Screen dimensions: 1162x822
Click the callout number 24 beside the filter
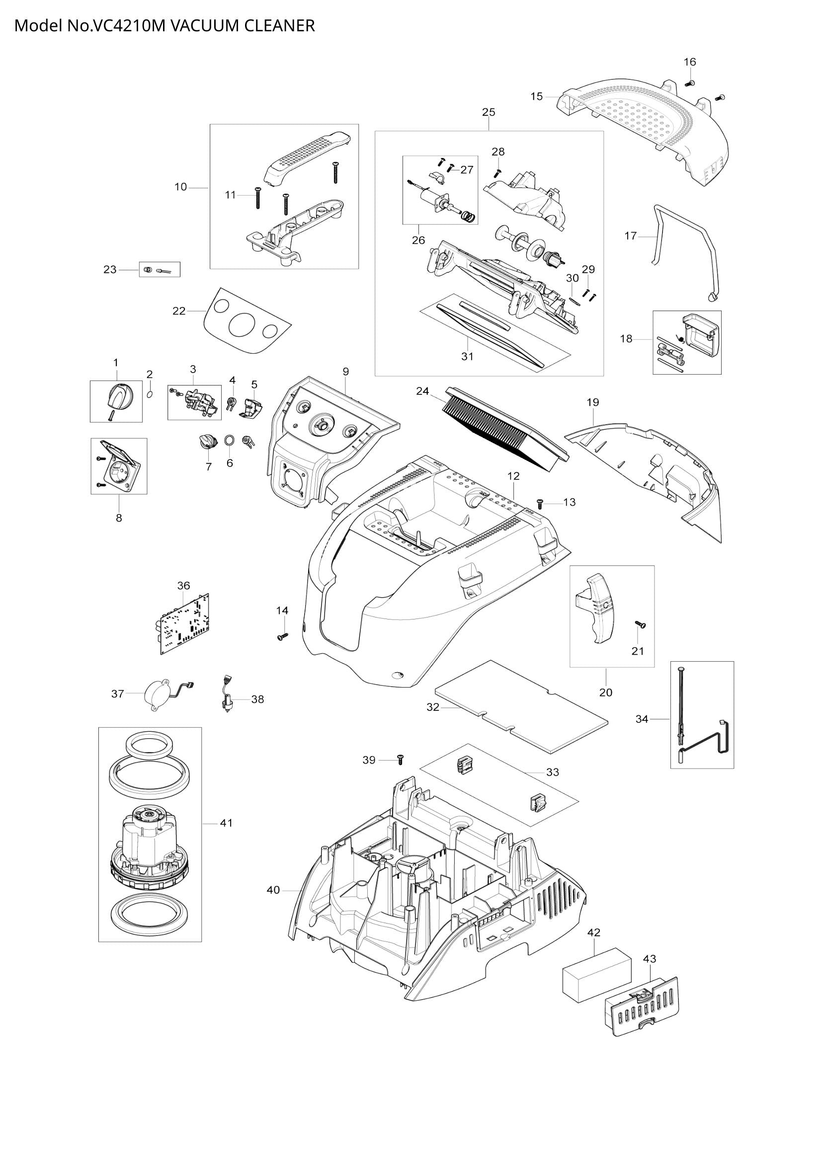422,391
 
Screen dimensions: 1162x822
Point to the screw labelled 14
282,636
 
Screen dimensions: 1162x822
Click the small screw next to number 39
401,760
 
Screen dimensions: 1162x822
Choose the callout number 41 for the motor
226,823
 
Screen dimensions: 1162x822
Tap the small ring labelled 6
229,440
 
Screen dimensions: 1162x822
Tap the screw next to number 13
540,503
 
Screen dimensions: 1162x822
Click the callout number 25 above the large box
489,112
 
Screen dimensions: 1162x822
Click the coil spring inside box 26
469,217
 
